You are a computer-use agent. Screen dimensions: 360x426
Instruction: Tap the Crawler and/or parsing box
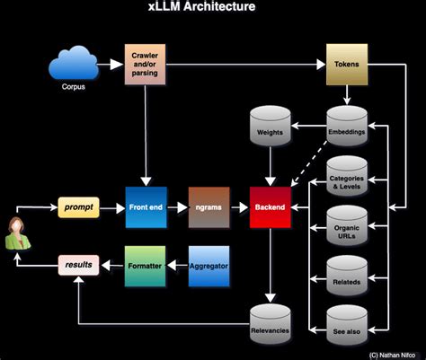(146, 66)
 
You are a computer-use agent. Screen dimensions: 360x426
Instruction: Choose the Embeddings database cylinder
(346, 126)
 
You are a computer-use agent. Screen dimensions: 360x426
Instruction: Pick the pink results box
(77, 266)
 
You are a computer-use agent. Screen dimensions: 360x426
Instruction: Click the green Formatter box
(146, 265)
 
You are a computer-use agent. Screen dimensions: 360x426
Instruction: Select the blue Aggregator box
(209, 265)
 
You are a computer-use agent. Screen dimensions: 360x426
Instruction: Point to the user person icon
(17, 235)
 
